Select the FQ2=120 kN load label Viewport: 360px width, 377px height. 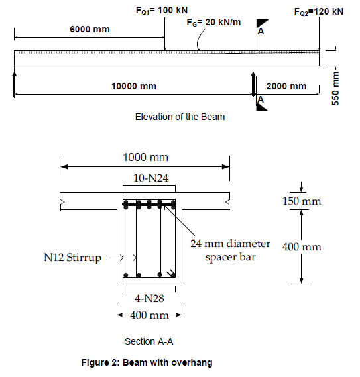point(318,11)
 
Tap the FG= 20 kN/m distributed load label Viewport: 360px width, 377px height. point(214,23)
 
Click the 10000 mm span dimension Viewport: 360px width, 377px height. point(133,86)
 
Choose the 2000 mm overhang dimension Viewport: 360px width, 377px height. point(286,86)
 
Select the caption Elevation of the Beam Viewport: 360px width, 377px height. point(180,117)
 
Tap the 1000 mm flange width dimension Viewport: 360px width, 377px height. point(145,157)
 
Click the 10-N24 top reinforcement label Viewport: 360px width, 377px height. point(149,178)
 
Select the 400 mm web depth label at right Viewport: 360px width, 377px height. point(302,247)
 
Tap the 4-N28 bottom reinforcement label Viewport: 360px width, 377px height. point(149,298)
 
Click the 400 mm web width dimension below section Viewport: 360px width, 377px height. point(149,315)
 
